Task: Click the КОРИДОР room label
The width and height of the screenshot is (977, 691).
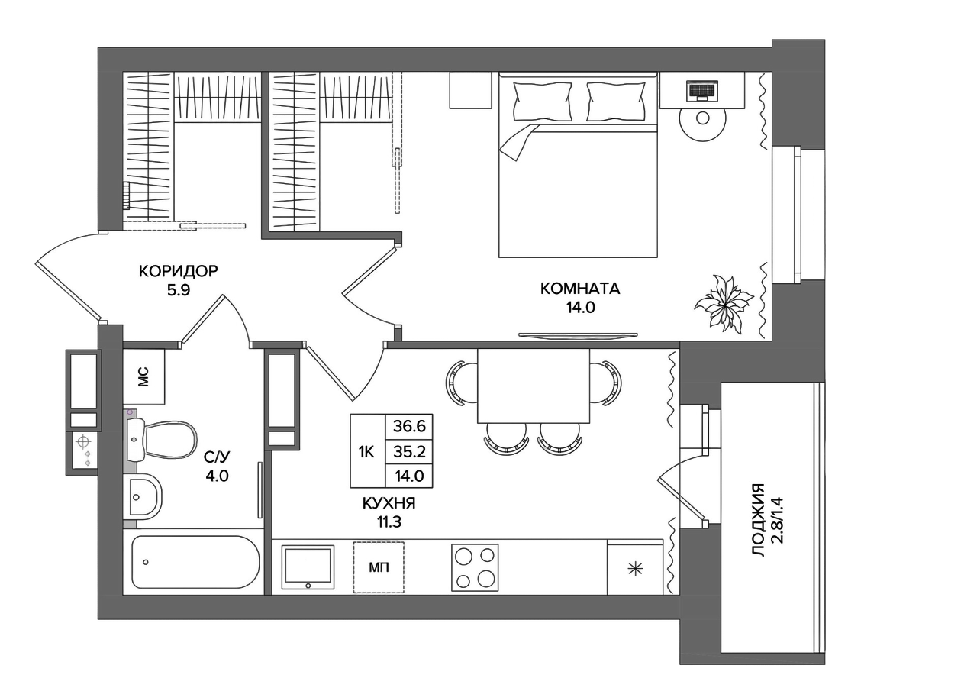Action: tap(178, 271)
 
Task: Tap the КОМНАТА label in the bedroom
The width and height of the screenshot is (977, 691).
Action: tap(580, 289)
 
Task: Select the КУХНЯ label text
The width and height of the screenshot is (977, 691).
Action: tap(389, 504)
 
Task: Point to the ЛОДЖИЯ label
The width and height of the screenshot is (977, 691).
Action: tap(759, 519)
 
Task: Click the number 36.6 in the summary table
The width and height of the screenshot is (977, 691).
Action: tap(409, 426)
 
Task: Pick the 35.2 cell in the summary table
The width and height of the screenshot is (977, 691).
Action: tap(409, 452)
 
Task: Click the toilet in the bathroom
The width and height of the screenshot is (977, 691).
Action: tap(161, 440)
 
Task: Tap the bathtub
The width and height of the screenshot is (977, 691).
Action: tap(196, 562)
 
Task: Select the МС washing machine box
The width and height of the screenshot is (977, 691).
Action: tap(144, 376)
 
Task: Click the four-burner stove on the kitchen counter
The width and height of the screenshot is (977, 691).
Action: tap(475, 567)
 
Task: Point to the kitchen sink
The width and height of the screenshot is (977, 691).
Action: tap(308, 567)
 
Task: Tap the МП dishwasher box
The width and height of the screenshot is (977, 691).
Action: tap(379, 567)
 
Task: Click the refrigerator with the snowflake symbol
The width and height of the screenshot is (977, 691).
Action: tap(635, 567)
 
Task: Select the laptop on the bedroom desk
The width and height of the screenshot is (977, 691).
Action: tap(701, 90)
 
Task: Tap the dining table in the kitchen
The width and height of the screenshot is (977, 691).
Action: tap(534, 386)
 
